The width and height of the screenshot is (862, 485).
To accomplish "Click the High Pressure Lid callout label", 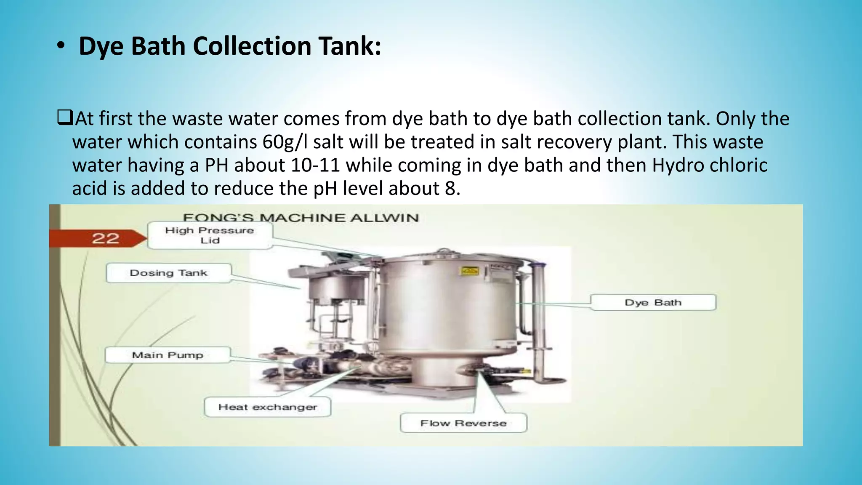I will pyautogui.click(x=210, y=235).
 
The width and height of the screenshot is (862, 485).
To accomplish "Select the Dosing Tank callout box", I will pyautogui.click(x=168, y=273).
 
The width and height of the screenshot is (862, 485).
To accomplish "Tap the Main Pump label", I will pyautogui.click(x=168, y=355).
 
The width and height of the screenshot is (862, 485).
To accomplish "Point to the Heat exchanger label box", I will pyautogui.click(x=267, y=407).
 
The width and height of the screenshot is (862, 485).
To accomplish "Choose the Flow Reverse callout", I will pyautogui.click(x=463, y=423).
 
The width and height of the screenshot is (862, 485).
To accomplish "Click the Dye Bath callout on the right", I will pyautogui.click(x=653, y=302).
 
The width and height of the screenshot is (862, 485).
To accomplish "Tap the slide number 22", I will pyautogui.click(x=105, y=238).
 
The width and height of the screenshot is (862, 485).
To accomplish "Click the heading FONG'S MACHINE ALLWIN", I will pyautogui.click(x=301, y=218).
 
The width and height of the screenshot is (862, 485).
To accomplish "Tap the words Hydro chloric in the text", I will pyautogui.click(x=710, y=165).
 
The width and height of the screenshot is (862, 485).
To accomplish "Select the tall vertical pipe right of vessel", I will pyautogui.click(x=538, y=320).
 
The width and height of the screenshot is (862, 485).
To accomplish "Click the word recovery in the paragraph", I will pyautogui.click(x=556, y=142).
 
